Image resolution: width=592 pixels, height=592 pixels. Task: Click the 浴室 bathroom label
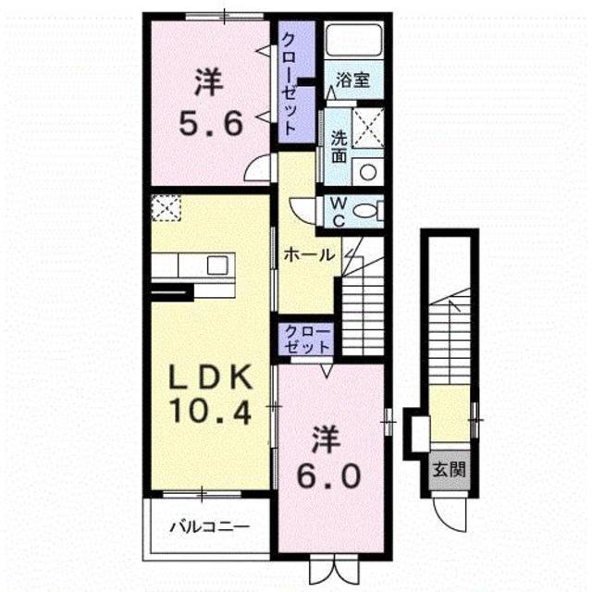click(x=353, y=80)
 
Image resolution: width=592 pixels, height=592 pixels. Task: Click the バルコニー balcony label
click(x=208, y=529)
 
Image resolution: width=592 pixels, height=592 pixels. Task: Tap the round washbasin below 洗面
click(x=367, y=172)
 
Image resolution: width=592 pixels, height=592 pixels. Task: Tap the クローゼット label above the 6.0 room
click(x=308, y=339)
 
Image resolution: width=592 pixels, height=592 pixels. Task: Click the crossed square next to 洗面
click(x=369, y=125)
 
